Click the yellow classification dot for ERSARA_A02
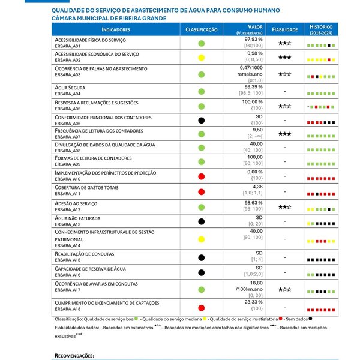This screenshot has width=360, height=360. click(x=202, y=58)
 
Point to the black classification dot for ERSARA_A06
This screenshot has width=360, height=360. click(x=202, y=120)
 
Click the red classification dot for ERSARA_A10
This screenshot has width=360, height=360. click(x=202, y=175)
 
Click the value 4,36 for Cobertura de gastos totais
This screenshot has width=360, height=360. click(x=257, y=186)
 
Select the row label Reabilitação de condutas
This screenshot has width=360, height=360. click(x=85, y=254)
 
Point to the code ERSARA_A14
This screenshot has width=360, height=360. click(x=67, y=245)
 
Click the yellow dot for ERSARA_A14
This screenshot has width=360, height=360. click(x=202, y=238)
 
